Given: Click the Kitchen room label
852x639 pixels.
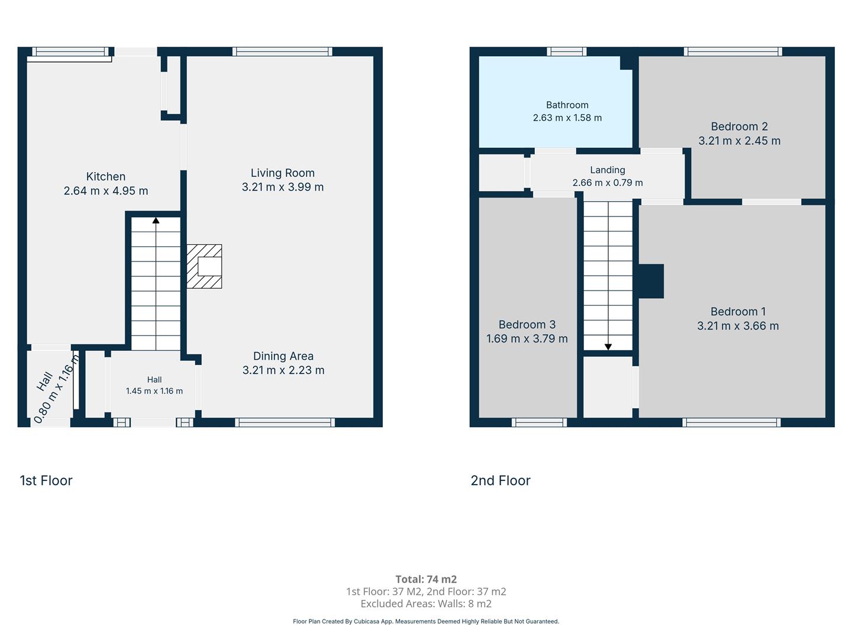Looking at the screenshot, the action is pos(105,176).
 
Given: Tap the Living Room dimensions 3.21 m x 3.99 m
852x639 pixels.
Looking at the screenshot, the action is pos(283,187).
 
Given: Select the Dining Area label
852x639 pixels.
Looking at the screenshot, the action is pos(283,356).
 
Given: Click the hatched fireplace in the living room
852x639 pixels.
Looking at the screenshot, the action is pos(204,266).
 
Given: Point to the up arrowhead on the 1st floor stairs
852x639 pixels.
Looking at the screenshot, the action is pos(156,220).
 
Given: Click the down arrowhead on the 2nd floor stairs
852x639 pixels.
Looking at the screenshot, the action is pos(608,347).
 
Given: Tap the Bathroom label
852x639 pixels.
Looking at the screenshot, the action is pos(567,105).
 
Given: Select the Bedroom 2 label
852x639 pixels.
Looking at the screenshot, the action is pos(739,127).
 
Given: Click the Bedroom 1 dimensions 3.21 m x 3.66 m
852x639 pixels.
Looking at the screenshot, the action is pos(738,326).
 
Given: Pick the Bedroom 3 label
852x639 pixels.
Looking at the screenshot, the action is pos(527,324).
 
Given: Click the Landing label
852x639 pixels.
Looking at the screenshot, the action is pos(608,170).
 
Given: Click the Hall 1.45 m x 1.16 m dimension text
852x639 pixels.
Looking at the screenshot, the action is pos(154,391).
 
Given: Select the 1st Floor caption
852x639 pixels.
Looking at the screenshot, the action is pos(46,480).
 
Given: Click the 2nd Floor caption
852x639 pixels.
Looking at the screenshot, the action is pos(501,480).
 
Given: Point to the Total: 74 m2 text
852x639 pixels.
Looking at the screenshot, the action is pos(426,579).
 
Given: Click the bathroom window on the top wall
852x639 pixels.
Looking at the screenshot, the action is pos(567,51).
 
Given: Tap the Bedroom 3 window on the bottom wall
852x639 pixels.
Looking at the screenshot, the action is pos(539,422).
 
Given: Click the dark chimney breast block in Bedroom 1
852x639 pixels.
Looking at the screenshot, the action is pos(651,281).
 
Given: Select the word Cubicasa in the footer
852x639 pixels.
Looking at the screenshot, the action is pos(366,621).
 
